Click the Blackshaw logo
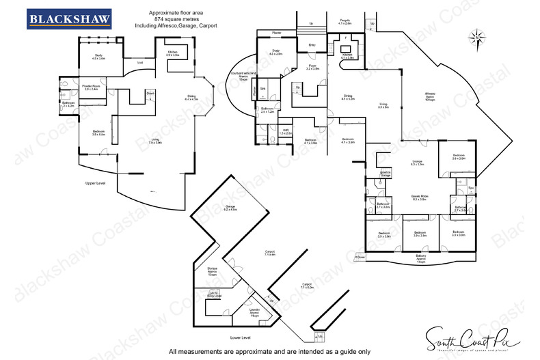click(x=68, y=20)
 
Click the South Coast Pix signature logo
click(x=472, y=337)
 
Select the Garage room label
click(x=230, y=208)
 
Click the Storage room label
click(x=213, y=271)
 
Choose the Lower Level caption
click(x=241, y=337)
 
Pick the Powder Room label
click(x=91, y=87)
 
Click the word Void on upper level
click(x=140, y=63)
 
